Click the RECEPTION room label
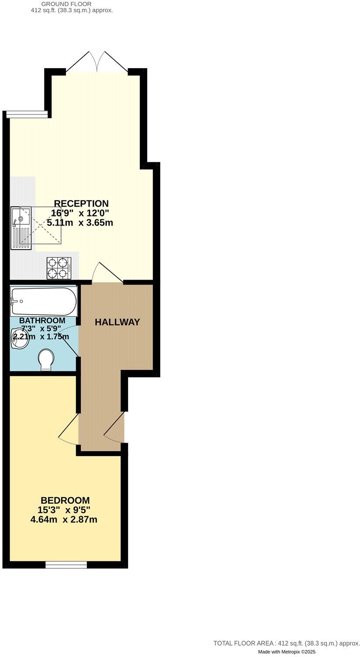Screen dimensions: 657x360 tap(81, 204)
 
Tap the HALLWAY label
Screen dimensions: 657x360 tap(118, 322)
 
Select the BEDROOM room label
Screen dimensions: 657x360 tap(65, 500)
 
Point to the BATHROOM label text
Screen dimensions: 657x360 tap(42, 321)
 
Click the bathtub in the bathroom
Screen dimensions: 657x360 tap(43, 301)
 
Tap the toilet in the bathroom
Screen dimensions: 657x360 tap(46, 360)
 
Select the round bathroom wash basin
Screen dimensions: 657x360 tap(20, 338)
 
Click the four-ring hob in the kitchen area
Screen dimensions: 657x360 tap(59, 267)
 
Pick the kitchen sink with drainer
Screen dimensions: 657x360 tap(21, 228)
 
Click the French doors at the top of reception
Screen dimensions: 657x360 tap(97, 62)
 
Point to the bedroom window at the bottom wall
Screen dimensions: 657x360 tap(66, 565)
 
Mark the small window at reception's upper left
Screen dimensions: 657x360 tap(27, 114)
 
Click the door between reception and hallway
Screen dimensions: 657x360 tap(107, 273)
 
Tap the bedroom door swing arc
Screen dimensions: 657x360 tap(68, 429)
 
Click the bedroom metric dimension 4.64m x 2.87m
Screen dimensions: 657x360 tap(64, 520)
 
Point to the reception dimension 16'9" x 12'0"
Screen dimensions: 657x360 tap(80, 213)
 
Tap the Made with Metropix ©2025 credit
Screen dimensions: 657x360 tap(286, 652)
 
